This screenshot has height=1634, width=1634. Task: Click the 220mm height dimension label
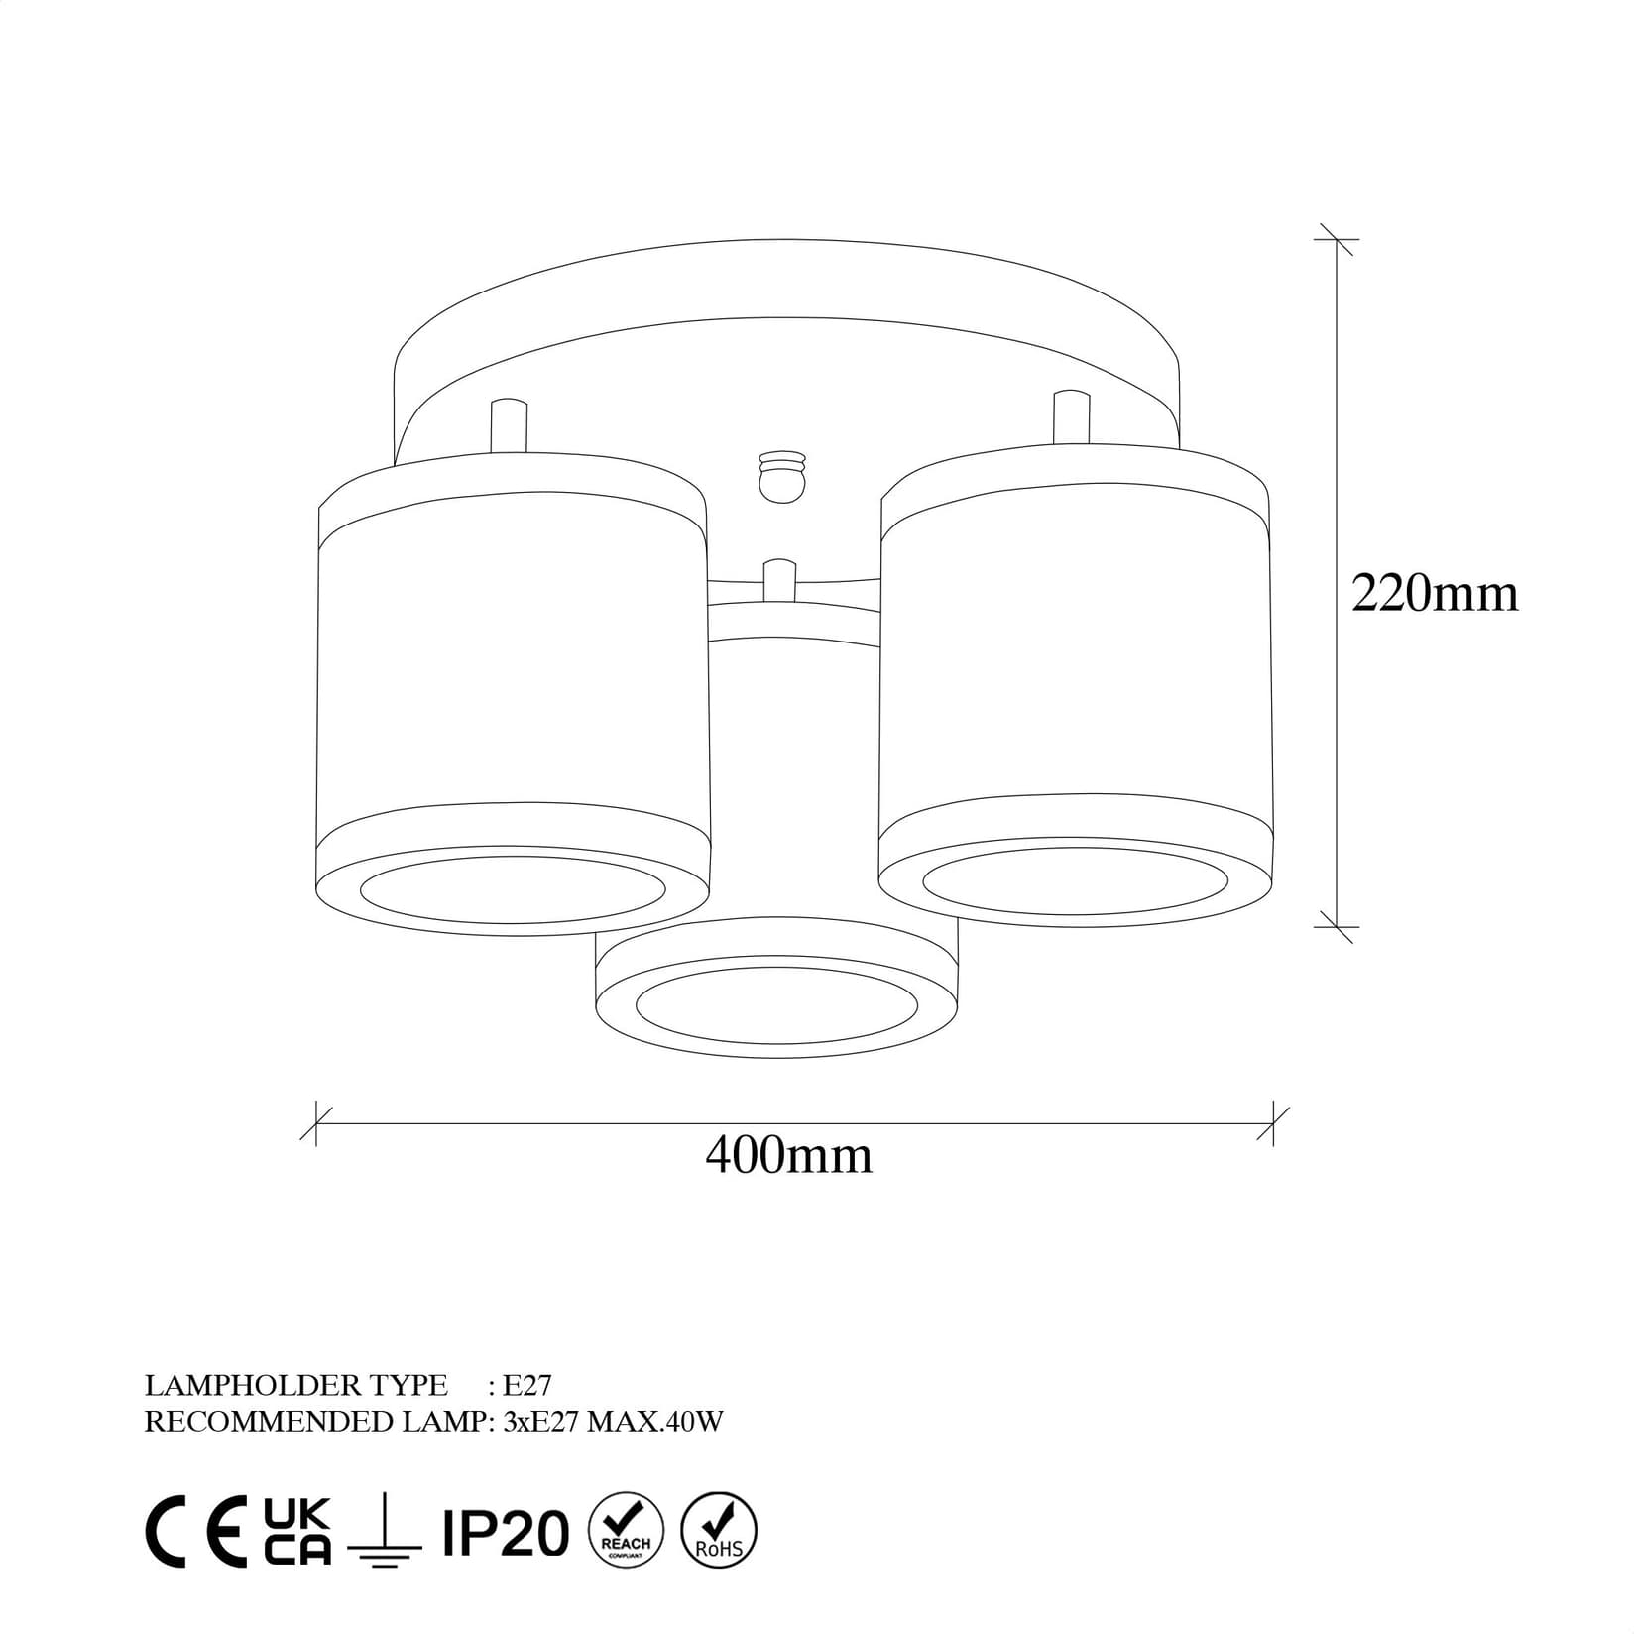coord(1434,594)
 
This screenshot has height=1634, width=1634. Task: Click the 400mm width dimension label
coord(788,1155)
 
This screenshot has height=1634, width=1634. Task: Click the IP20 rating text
coord(506,1533)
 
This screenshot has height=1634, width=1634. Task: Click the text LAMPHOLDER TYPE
coord(295,1384)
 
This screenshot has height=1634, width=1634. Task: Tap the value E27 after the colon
coord(527,1384)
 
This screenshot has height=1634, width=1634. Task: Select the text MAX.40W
coord(654,1422)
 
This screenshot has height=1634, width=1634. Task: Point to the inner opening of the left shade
coord(513,887)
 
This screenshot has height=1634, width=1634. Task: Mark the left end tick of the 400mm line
coord(315,1123)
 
